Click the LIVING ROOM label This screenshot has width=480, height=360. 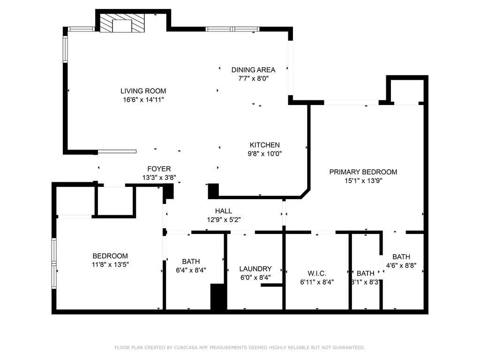pos(143,91)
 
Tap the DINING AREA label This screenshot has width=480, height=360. pos(253,70)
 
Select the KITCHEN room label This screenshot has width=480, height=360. pos(264,145)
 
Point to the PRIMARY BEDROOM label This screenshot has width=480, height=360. pos(363,172)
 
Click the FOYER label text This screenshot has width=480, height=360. pos(159,169)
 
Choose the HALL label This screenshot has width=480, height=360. pos(224,211)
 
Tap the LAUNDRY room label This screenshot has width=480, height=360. pos(255,269)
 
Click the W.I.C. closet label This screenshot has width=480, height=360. pos(317,273)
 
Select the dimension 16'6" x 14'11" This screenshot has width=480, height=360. pos(143,99)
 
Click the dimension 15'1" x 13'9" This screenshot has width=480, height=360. pos(363,180)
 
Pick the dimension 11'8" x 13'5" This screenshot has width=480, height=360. pos(110,264)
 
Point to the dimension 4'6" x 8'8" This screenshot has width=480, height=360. pos(401,265)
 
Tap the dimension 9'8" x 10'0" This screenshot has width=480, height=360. pos(264,153)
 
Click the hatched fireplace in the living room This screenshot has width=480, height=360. pos(122,23)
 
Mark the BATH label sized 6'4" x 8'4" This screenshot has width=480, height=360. pos(191,262)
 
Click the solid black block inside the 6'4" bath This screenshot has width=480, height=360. pos(218,297)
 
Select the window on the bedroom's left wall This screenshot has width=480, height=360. pos(54,263)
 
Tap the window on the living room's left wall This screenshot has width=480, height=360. pos(65,49)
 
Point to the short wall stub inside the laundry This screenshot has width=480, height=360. pos(271,285)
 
